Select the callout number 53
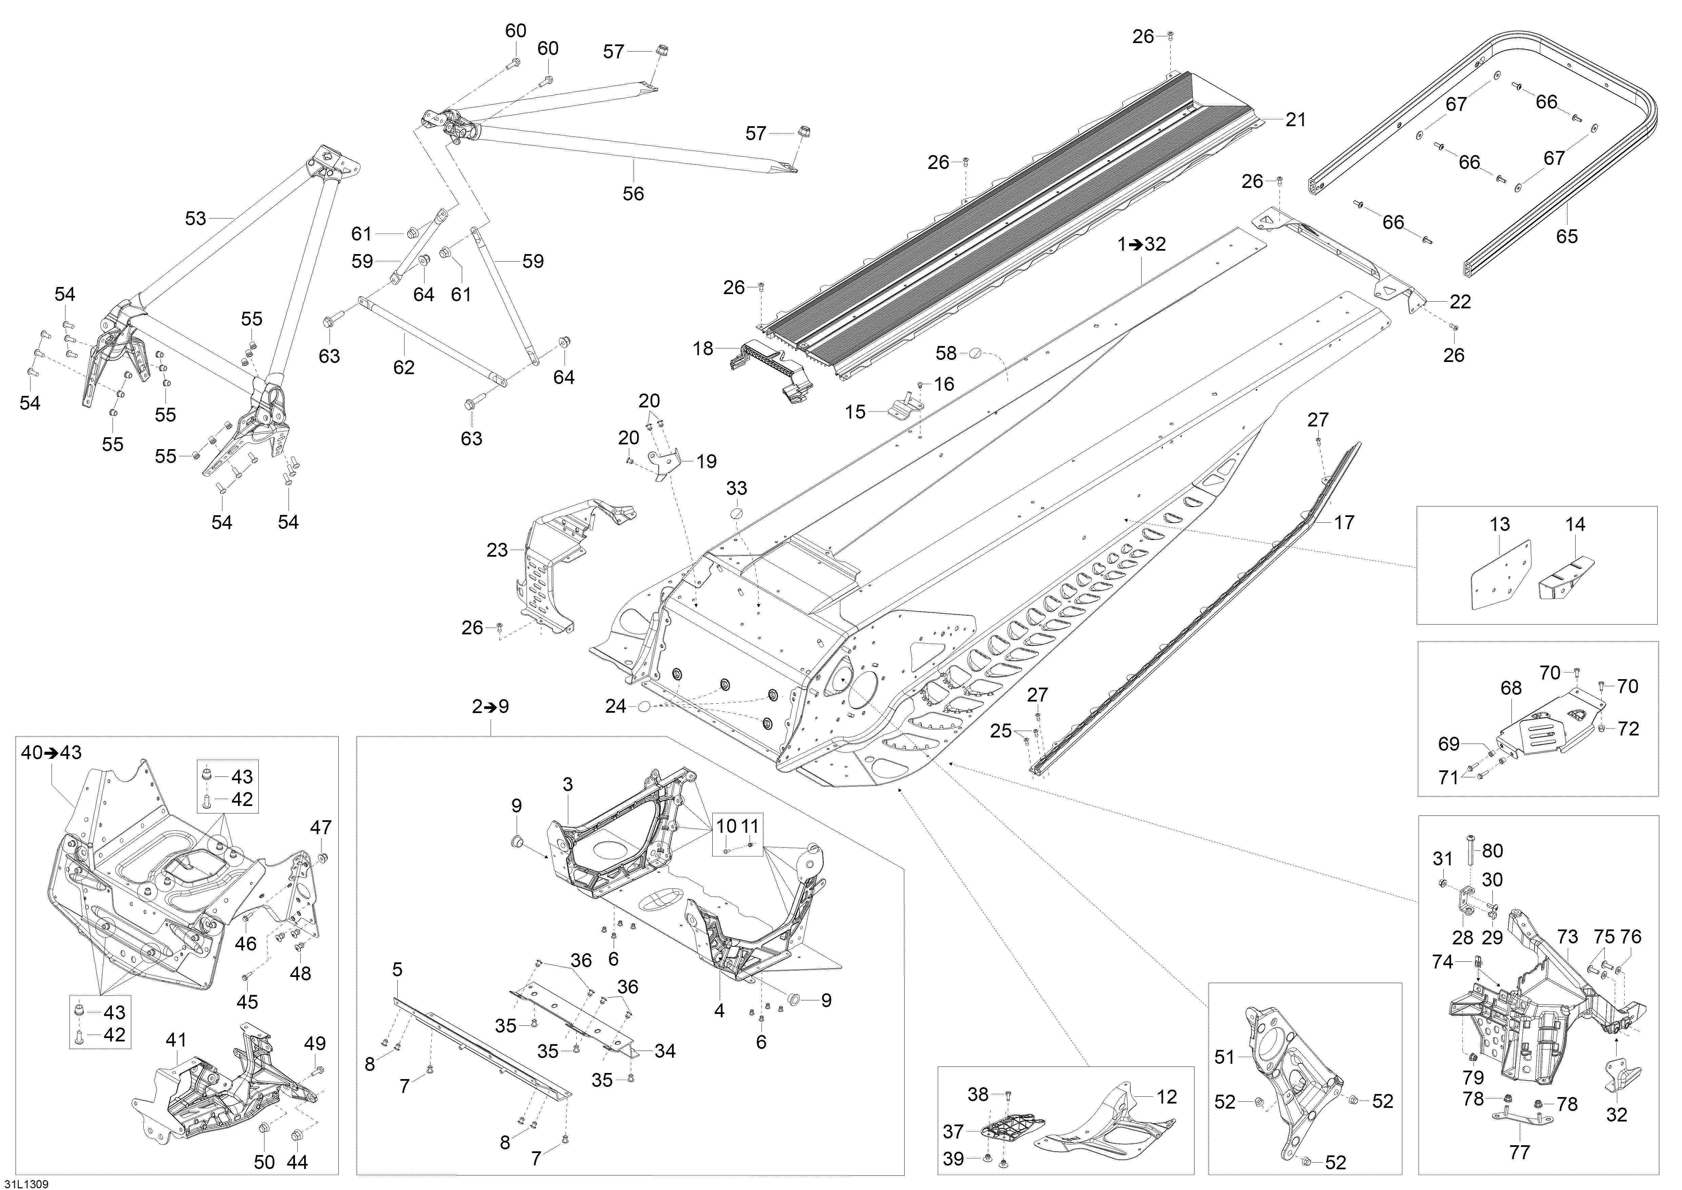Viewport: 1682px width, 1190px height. (196, 218)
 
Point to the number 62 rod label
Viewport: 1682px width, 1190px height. (404, 367)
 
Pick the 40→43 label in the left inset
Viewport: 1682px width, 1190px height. (51, 752)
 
